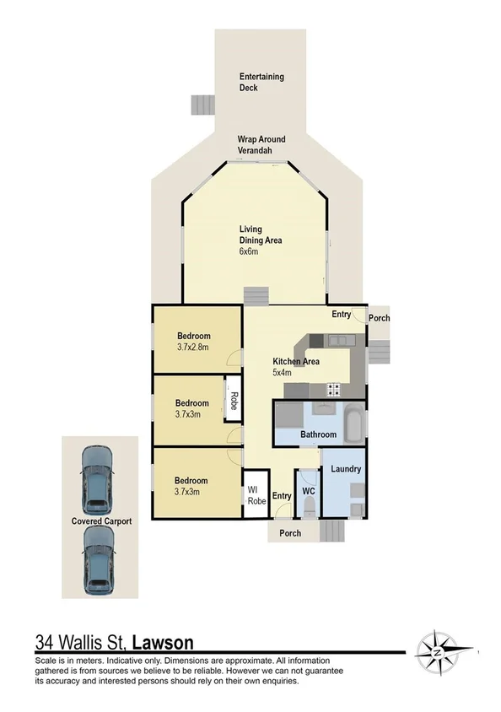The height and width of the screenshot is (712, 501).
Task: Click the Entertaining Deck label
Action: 261,82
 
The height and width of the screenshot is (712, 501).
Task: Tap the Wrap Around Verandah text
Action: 261,145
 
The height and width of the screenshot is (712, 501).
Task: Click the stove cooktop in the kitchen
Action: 333,390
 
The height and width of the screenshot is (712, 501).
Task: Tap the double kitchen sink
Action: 340,340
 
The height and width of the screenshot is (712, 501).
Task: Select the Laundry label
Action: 346,469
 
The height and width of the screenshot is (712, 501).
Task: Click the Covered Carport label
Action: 101,521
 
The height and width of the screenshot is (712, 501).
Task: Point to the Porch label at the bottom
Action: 290,532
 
